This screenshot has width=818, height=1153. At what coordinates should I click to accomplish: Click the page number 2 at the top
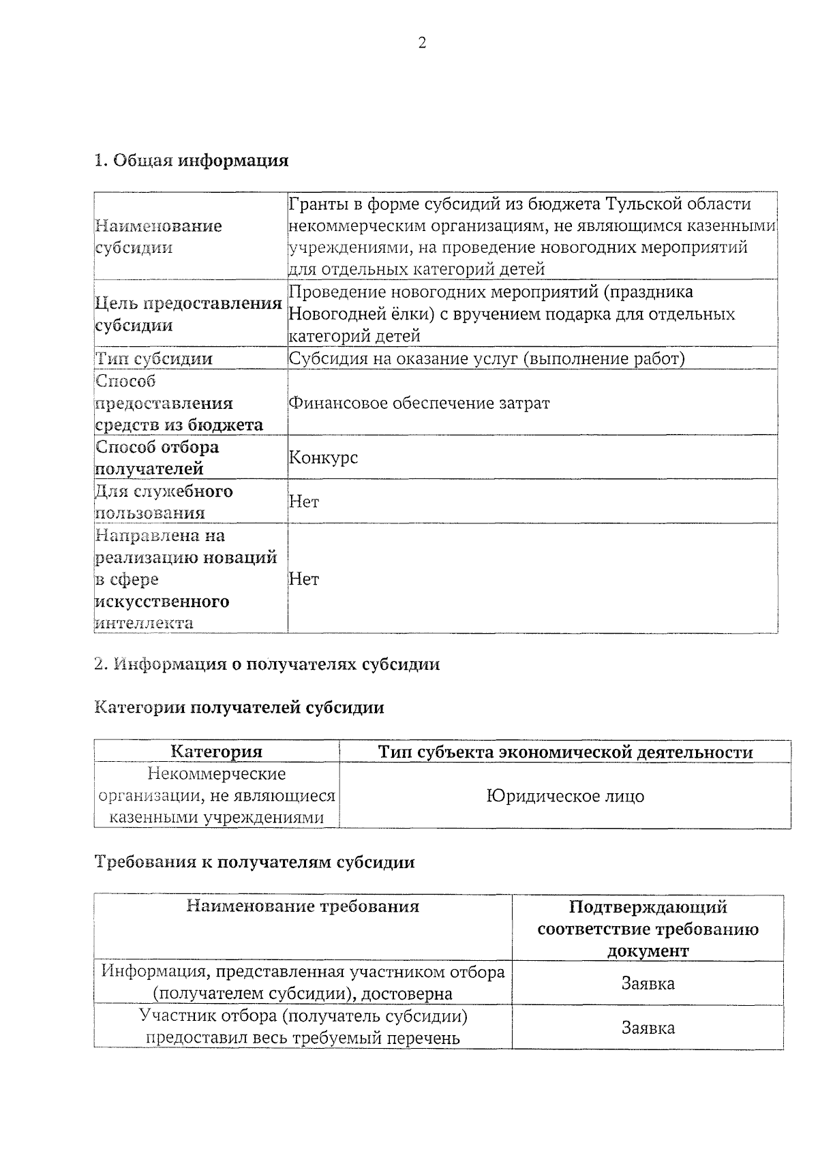(x=422, y=44)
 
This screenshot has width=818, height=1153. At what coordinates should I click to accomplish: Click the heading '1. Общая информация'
(x=191, y=161)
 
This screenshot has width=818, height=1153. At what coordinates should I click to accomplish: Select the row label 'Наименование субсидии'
(x=158, y=236)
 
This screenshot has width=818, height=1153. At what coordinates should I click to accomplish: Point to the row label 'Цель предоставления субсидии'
(x=188, y=314)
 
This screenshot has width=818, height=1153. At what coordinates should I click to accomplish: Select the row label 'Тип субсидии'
(x=154, y=358)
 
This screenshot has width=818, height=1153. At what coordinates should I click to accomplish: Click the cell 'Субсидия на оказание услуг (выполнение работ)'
(x=487, y=358)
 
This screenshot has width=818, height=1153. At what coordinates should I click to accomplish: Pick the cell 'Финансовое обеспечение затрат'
(x=419, y=403)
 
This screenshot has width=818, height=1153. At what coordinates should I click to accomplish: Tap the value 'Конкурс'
(x=323, y=457)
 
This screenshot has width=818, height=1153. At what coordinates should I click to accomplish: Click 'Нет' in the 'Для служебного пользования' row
(x=304, y=502)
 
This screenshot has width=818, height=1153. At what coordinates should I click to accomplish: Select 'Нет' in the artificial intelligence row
(x=304, y=579)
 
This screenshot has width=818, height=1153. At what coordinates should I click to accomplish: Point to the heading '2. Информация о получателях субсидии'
(x=267, y=664)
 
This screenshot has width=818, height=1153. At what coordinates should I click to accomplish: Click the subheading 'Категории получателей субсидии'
(x=239, y=708)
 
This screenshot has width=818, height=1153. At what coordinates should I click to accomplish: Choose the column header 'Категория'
(x=216, y=752)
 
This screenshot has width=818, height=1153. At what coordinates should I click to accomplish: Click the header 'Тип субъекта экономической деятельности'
(x=565, y=752)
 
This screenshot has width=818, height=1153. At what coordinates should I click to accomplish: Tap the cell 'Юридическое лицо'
(x=565, y=796)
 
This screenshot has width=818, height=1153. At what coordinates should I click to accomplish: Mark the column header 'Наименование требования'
(x=303, y=906)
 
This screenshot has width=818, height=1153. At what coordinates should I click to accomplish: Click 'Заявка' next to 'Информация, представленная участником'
(x=648, y=983)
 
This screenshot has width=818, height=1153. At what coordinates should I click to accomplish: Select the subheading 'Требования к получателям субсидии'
(x=254, y=863)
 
